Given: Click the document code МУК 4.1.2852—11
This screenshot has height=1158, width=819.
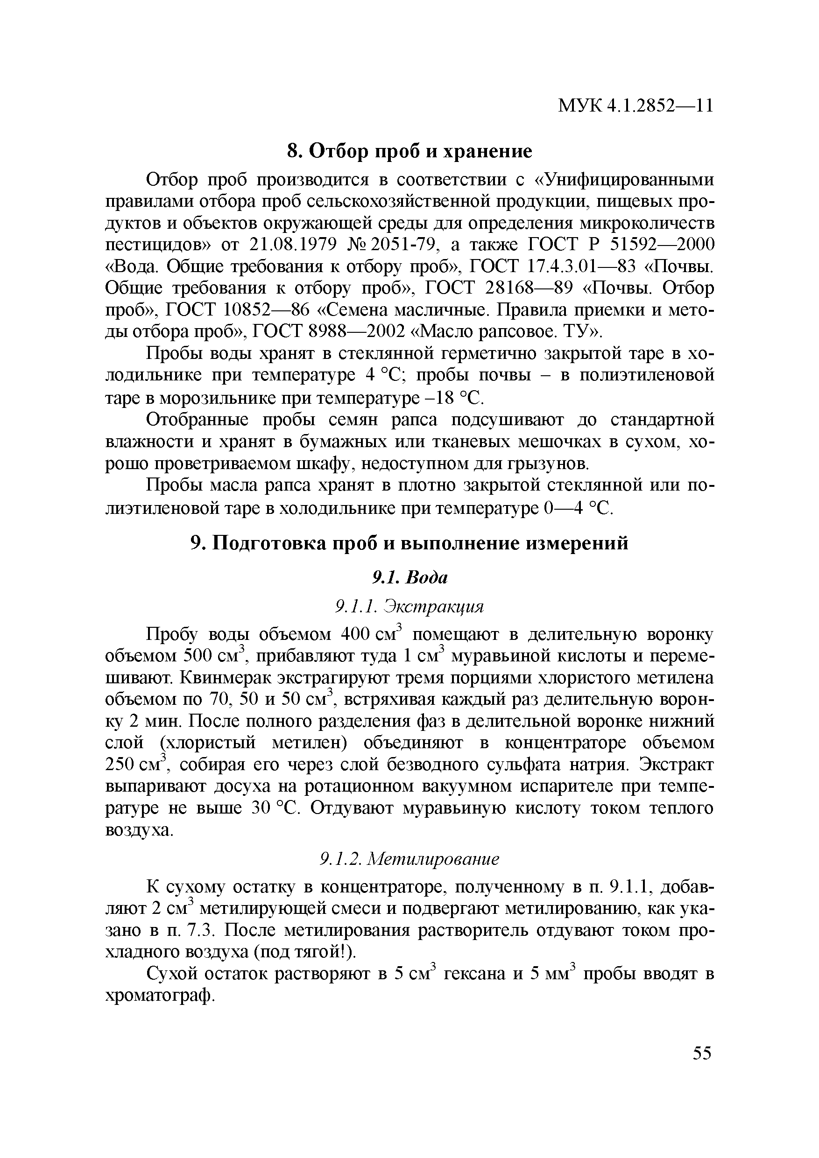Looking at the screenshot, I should tap(635, 105).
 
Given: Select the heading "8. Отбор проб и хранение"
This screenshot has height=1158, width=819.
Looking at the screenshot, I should tap(409, 151).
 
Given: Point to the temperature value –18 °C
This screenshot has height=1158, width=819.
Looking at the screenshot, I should tap(452, 398).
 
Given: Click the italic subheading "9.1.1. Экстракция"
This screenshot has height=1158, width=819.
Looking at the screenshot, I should tap(409, 607).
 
